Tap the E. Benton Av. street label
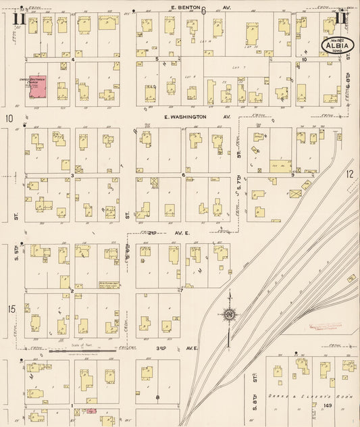tap(192, 7)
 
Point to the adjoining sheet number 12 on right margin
tap(350, 174)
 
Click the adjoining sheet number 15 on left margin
tap(11, 309)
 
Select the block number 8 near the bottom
tap(157, 397)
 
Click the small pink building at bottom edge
tap(91, 411)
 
